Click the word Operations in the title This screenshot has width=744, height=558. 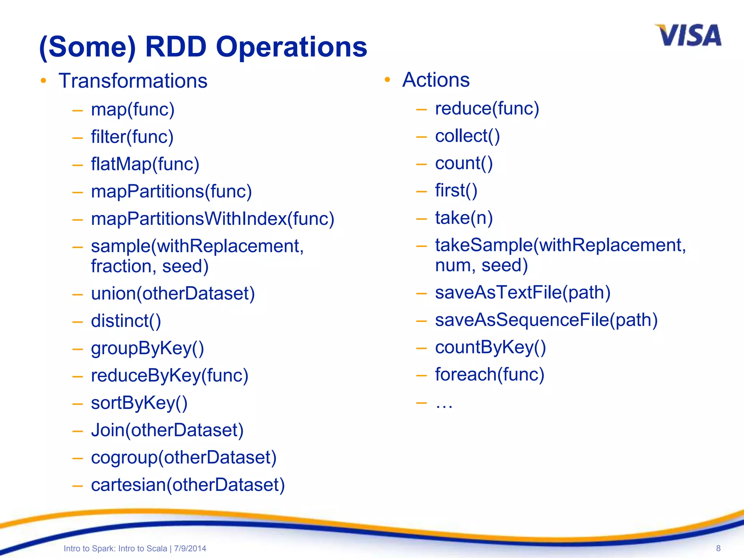click(291, 47)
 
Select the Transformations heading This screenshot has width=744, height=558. click(133, 81)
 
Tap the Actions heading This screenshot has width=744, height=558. click(436, 80)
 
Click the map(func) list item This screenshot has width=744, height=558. click(133, 109)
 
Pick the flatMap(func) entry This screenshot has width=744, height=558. click(145, 164)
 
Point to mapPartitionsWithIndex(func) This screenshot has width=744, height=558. click(213, 219)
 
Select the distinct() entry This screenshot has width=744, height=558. click(126, 321)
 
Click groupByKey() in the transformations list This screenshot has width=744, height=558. click(147, 348)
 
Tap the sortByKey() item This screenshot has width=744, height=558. click(139, 403)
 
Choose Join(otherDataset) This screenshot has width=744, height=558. click(167, 430)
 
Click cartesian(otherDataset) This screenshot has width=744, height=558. click(188, 485)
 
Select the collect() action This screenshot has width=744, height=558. click(467, 136)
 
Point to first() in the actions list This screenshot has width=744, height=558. click(456, 191)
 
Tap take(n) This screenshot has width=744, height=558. click(464, 218)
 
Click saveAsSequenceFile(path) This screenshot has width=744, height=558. click(546, 320)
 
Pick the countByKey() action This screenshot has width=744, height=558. click(490, 347)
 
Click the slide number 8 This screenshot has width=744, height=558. click(718, 548)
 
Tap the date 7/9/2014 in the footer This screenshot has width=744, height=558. click(190, 549)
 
